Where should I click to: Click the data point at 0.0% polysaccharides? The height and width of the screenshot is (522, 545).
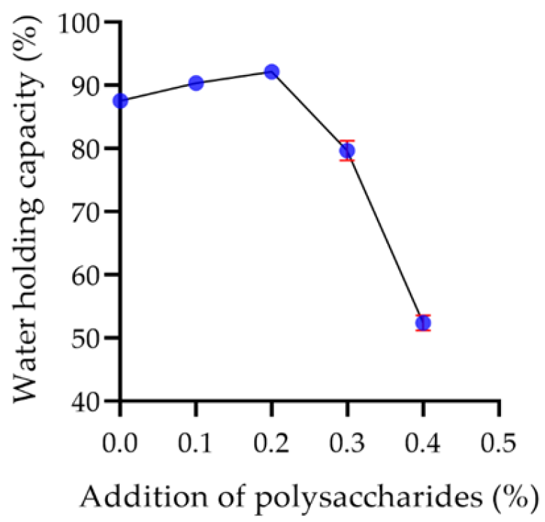pos(120,101)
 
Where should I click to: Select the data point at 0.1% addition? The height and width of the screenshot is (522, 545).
pos(196,83)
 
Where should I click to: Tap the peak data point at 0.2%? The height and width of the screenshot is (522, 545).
pos(272,71)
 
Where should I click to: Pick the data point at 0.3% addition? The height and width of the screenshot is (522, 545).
pos(347,151)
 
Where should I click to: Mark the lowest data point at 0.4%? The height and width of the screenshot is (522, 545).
pos(423,323)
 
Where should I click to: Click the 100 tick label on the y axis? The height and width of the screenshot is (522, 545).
pos(83,22)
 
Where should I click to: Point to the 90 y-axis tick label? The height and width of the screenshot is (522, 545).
pos(90,85)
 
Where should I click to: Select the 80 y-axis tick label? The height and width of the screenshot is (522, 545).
pos(90,149)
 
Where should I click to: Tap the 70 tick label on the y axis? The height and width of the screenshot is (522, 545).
pos(90,212)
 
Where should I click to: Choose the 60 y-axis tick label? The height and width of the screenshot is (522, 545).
pos(90,275)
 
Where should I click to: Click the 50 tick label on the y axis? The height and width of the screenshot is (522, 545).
pos(90,338)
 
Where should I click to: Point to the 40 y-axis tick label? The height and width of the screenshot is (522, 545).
pos(90,401)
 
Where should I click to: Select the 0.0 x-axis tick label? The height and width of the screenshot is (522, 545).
pos(120,444)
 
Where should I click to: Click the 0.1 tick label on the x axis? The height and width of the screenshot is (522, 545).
pos(196,444)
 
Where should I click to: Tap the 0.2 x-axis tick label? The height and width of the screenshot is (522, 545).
pos(272,444)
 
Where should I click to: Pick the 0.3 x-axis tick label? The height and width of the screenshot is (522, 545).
pos(347,444)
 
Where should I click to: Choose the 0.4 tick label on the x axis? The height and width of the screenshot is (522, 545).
pos(423,444)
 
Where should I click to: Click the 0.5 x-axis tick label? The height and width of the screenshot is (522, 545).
pos(499,444)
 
